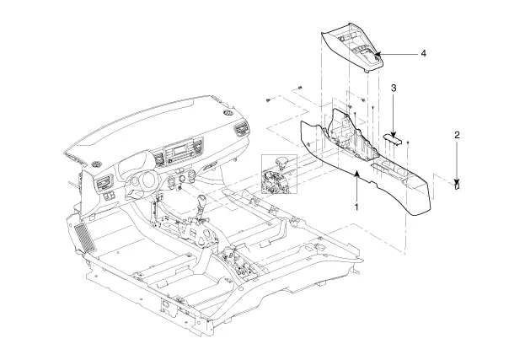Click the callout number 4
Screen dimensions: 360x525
coord(423,54)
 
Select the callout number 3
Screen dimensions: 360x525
coord(394,88)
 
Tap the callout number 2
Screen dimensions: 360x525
coord(457,134)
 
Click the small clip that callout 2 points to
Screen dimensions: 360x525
coord(456,186)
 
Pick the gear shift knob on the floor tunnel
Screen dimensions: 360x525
coord(202,204)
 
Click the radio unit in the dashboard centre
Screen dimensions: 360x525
coord(180,154)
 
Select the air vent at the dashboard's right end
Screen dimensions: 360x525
coord(244,131)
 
